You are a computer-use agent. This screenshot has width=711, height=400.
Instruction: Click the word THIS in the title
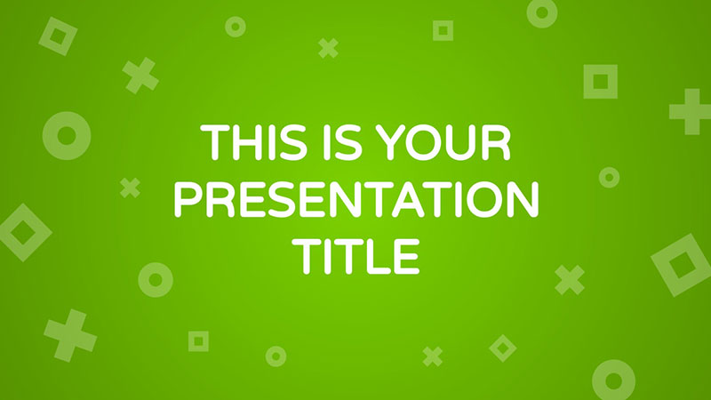coord(254,141)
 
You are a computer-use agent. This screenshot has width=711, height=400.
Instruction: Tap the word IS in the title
coord(343,141)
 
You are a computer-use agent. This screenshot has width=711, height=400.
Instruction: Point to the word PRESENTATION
coord(356,199)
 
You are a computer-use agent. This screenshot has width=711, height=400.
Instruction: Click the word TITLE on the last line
coord(356,256)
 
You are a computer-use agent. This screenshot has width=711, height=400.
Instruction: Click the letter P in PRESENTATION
coord(188,199)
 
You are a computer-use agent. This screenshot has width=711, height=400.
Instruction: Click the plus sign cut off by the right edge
coord(691,112)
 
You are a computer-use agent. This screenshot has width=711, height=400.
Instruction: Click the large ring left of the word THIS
coord(51,136)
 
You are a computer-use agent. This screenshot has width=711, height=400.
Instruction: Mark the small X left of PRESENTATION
coord(130,188)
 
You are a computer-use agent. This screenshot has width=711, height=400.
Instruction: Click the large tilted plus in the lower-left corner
coord(70,336)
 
